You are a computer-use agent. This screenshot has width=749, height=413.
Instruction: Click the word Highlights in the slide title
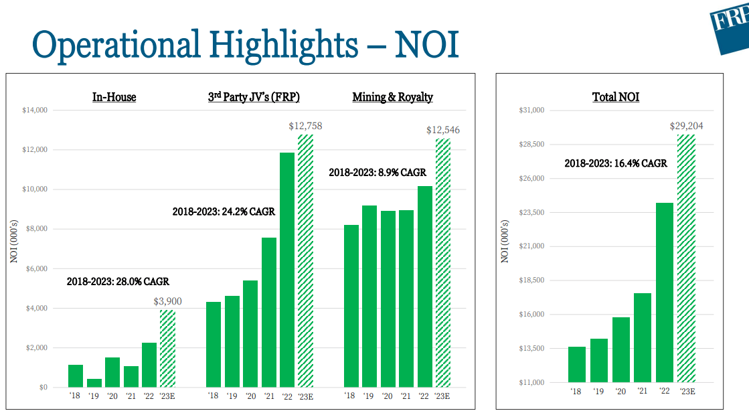coord(282,45)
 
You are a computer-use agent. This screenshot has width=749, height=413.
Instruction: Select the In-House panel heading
coord(114,97)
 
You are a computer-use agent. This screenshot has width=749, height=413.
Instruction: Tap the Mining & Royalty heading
coord(392,97)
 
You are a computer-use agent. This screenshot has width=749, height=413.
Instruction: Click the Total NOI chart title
coord(615,97)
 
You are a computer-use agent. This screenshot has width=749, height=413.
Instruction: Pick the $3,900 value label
coord(167,301)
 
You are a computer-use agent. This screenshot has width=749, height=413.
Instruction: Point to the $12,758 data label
coord(305,126)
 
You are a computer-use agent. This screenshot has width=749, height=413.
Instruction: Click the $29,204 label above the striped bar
coord(686,126)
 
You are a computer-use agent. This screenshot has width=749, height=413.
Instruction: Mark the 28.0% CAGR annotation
coord(118,282)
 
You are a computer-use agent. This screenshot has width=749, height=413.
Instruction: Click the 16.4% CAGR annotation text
coord(615,163)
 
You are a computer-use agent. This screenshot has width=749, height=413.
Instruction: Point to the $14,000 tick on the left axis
coord(34,110)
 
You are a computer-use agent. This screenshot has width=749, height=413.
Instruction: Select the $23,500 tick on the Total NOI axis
coord(531,212)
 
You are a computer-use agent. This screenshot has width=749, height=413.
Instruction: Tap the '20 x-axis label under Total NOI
coord(620,392)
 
